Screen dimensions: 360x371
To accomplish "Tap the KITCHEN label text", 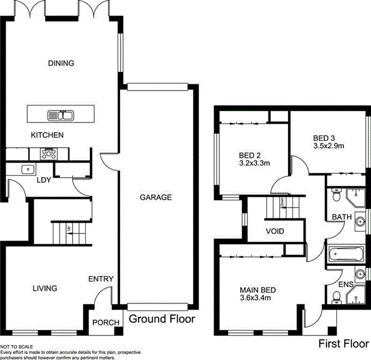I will (x=47, y=136).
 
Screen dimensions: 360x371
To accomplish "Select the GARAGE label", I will (x=156, y=197).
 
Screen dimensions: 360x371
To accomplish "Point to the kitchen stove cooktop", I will (x=47, y=154).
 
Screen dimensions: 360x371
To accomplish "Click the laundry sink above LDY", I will (x=27, y=169).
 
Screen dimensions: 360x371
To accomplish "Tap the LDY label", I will (x=43, y=180).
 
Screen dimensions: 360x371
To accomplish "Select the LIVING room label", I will (x=44, y=289).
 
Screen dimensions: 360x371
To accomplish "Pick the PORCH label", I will (x=105, y=323).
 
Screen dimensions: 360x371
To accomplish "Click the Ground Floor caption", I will (x=162, y=319).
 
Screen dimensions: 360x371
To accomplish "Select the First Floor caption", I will (x=342, y=344).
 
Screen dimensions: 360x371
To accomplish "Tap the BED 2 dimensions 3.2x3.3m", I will (x=255, y=162).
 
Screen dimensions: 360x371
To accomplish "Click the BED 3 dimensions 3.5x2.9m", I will (x=328, y=145).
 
